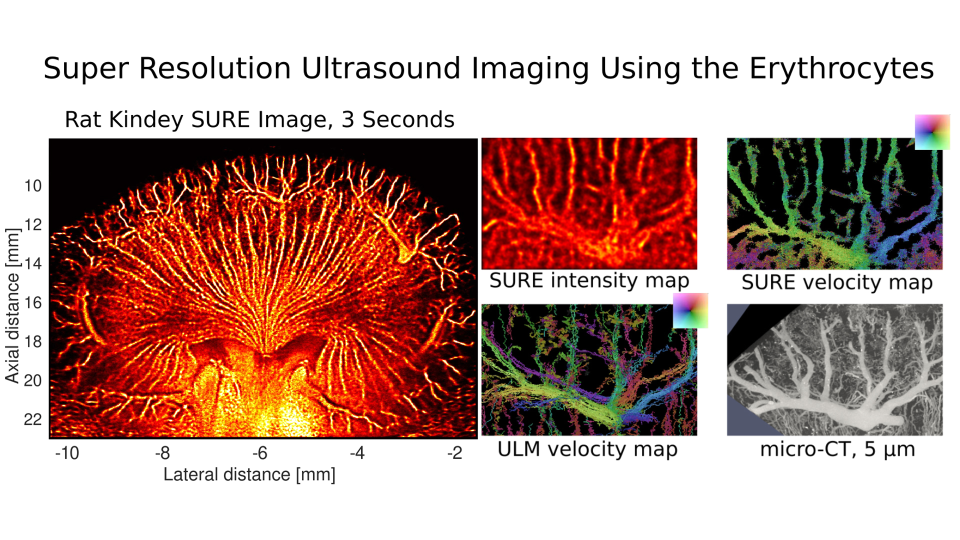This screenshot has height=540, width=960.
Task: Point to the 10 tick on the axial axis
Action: click(33, 186)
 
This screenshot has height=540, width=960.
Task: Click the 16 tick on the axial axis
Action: click(33, 302)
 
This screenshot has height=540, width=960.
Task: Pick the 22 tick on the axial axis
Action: click(33, 419)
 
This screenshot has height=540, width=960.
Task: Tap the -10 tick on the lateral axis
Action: click(67, 453)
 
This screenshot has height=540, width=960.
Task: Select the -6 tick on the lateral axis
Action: click(260, 453)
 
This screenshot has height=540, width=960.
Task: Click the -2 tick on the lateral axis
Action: click(455, 453)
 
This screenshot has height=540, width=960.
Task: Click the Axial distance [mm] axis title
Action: click(12, 306)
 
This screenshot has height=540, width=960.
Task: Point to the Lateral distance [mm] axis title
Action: click(249, 474)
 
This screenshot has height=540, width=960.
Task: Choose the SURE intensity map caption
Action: click(589, 280)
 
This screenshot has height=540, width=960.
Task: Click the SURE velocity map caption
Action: click(837, 282)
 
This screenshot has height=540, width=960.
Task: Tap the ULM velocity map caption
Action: click(587, 449)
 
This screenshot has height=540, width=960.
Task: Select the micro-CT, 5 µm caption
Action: click(837, 449)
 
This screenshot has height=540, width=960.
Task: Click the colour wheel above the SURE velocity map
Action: click(932, 132)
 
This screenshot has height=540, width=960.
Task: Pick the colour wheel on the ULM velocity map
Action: click(690, 310)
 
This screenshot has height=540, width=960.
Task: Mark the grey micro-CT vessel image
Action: click(835, 369)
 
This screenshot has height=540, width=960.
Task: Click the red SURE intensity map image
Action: click(589, 203)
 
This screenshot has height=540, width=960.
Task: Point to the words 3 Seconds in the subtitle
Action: click(398, 120)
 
